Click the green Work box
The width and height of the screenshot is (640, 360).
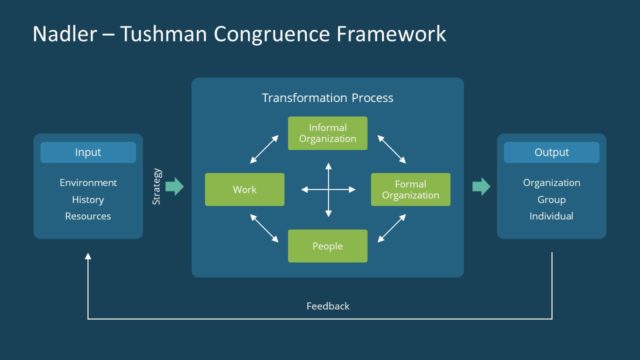pyautogui.click(x=245, y=189)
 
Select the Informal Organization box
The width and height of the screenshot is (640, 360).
pyautogui.click(x=327, y=133)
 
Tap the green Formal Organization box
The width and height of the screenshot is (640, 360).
pyautogui.click(x=410, y=189)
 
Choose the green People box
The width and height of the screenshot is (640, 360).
pyautogui.click(x=327, y=245)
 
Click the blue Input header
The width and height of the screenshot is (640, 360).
pyautogui.click(x=88, y=153)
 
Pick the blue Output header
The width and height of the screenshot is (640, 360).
pyautogui.click(x=551, y=153)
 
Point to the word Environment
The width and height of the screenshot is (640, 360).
pyautogui.click(x=88, y=183)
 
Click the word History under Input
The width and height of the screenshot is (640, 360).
pyautogui.click(x=88, y=200)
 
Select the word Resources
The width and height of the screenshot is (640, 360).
pyautogui.click(x=88, y=216)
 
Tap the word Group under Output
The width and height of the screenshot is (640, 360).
pyautogui.click(x=551, y=200)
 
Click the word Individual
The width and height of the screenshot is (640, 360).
pyautogui.click(x=551, y=216)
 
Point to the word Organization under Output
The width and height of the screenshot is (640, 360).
pyautogui.click(x=551, y=183)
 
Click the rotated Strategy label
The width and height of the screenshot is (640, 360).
pyautogui.click(x=156, y=187)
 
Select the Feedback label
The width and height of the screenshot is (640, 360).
pyautogui.click(x=327, y=305)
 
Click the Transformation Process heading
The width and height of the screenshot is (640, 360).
pyautogui.click(x=327, y=98)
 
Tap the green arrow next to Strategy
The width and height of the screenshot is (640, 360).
pyautogui.click(x=174, y=187)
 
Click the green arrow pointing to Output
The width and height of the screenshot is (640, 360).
pyautogui.click(x=481, y=187)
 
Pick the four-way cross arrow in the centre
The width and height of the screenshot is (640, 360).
pyautogui.click(x=327, y=189)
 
